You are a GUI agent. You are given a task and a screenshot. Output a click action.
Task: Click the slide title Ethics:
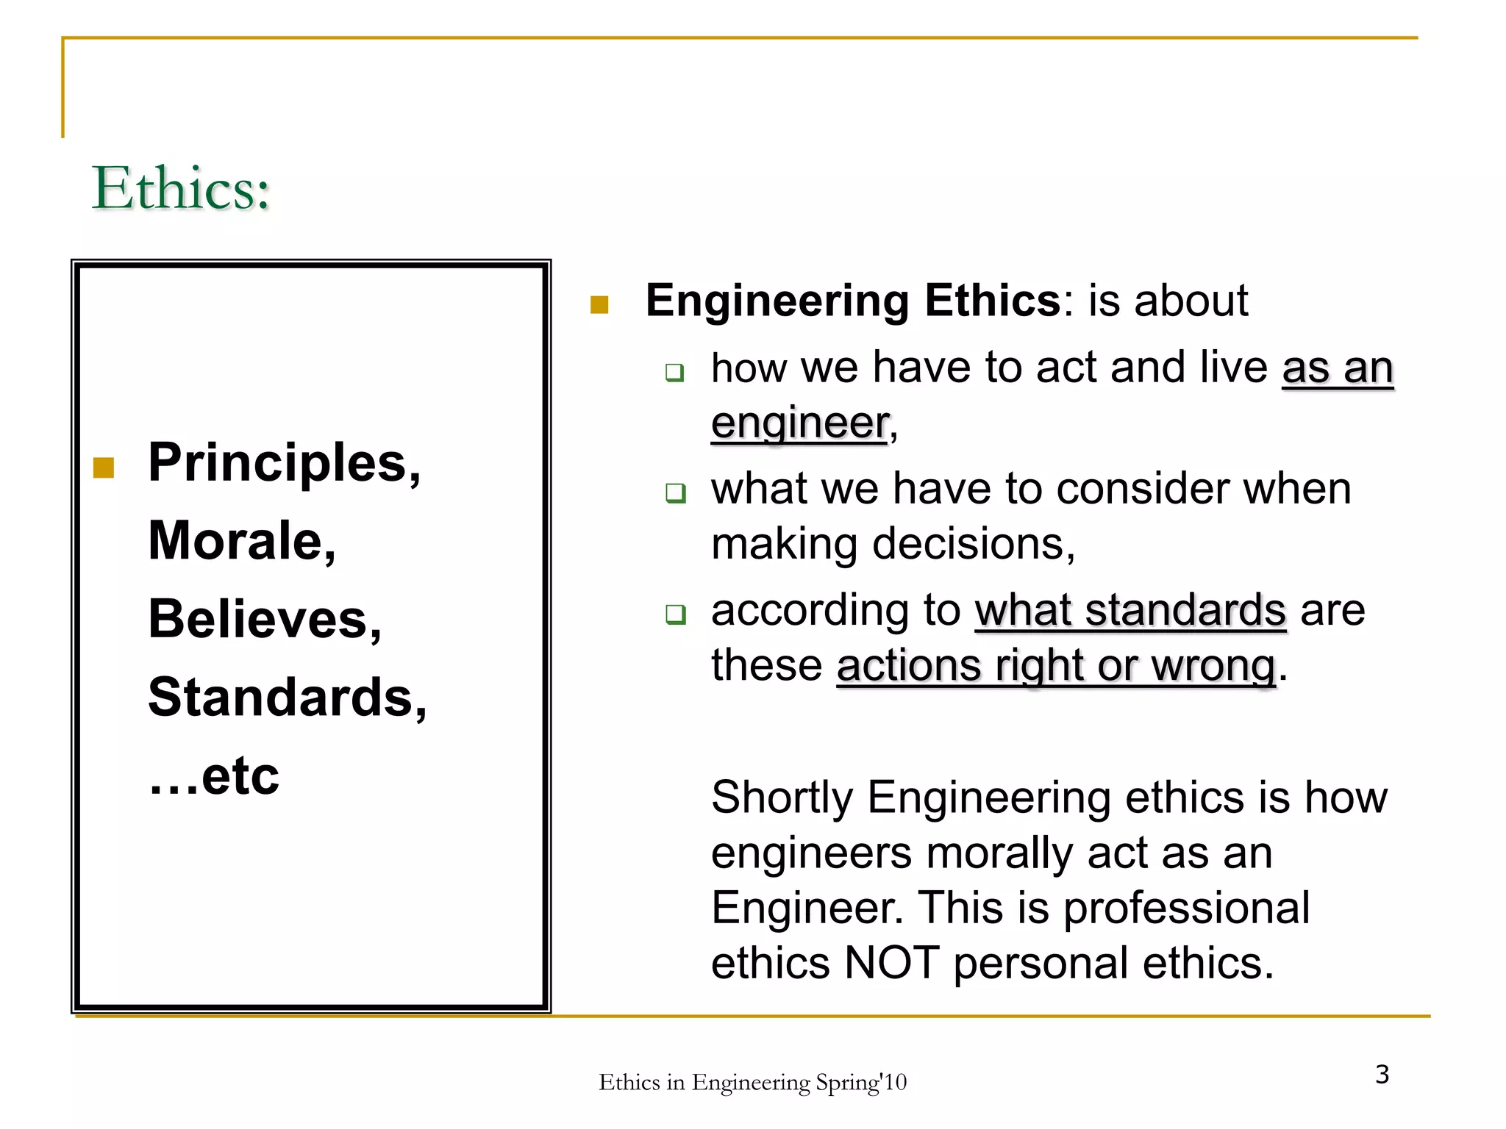[x=181, y=189]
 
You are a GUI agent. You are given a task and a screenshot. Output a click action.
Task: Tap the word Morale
[x=235, y=541]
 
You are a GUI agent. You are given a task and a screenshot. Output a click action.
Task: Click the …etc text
[x=213, y=776]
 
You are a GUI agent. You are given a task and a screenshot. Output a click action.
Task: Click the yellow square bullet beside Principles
[x=104, y=467]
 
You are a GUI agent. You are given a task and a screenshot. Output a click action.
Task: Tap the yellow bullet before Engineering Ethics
[x=599, y=304]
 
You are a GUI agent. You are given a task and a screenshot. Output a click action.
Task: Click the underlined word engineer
[x=800, y=423]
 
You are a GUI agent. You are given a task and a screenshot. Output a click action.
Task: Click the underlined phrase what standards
[x=1130, y=610]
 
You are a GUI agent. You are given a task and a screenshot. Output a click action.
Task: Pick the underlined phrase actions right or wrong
[x=1055, y=666]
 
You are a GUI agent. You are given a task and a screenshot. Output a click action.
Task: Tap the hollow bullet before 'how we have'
[x=674, y=372]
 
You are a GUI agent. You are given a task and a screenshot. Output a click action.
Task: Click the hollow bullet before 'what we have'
[x=674, y=492]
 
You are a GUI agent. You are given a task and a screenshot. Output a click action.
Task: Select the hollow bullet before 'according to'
[x=674, y=614]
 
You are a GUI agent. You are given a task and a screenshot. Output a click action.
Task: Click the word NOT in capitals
[x=892, y=963]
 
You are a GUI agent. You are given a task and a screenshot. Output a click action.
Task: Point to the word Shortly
[x=782, y=798]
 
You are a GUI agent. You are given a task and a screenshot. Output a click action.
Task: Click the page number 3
[x=1382, y=1075]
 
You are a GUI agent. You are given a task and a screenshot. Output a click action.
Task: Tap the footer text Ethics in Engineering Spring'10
[x=752, y=1082]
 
